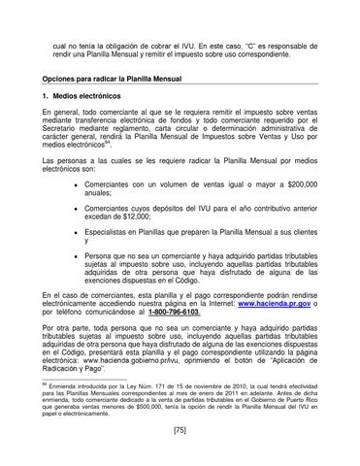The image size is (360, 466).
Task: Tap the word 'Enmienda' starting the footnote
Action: (64, 384)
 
